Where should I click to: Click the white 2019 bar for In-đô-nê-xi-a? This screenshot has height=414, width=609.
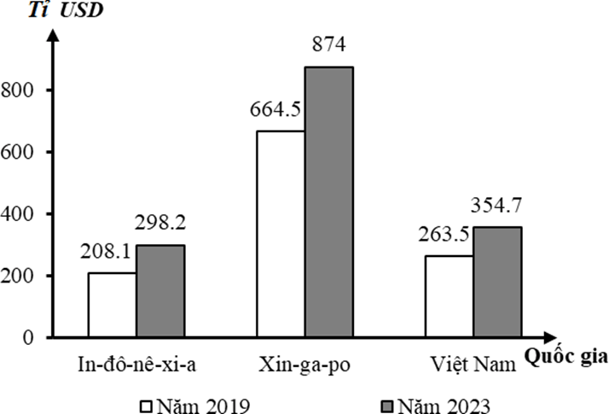point(112,305)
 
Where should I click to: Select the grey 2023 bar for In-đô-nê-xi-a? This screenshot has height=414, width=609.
point(160,291)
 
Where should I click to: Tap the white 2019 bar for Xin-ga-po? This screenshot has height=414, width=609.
point(281,234)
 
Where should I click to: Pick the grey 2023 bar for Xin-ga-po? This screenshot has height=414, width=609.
point(329,201)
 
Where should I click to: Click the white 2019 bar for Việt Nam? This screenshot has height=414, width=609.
point(449,296)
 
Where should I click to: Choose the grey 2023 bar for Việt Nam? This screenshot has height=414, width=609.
point(498,282)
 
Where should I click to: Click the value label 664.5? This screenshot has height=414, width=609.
point(277,110)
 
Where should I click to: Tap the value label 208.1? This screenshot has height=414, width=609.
point(108,253)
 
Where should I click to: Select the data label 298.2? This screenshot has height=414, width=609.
point(159,224)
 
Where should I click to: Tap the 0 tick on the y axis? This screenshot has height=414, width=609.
point(28,338)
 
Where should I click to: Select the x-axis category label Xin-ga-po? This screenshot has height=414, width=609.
point(303,365)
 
